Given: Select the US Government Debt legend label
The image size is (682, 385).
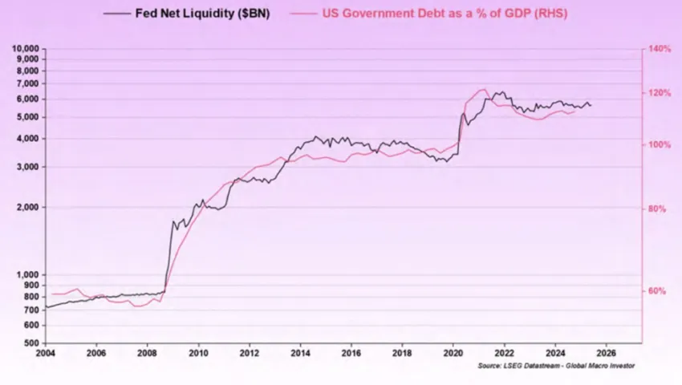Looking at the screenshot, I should tap(433, 14).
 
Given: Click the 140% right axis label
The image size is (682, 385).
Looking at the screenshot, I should tap(660, 49).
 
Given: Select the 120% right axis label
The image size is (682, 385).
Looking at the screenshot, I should tap(660, 93).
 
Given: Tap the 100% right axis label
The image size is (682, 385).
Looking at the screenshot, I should tap(660, 145).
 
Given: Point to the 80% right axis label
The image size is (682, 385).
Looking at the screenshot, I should tap(658, 209).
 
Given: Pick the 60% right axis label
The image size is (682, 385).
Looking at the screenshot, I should tap(658, 291).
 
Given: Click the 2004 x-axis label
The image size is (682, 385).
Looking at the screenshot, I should tap(45, 352).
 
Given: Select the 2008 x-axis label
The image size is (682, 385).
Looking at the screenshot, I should tap(147, 352).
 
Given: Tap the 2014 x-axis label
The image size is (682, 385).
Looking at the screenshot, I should tap(300, 352).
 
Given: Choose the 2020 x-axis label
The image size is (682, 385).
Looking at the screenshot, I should tap(453, 352).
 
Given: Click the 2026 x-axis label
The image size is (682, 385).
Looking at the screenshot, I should tap(607, 352).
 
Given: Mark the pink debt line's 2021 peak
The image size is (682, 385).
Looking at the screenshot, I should tap(482, 90).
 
